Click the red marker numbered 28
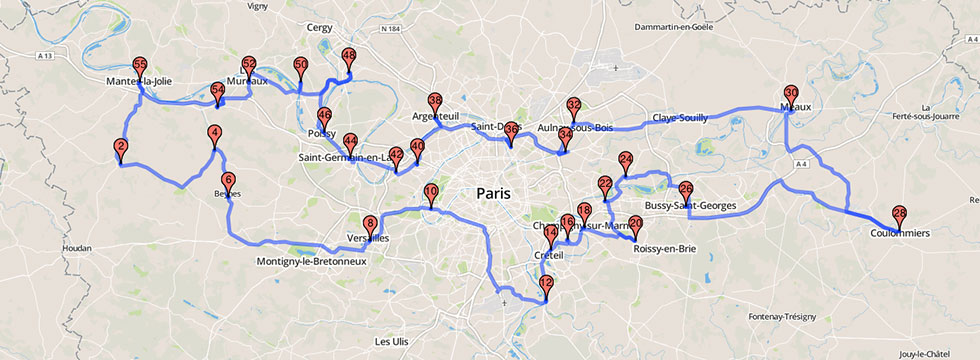(x=899, y=214)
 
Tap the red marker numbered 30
(x=791, y=92)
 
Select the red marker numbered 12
(x=546, y=284)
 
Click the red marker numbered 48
(x=349, y=57)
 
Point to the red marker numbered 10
(x=431, y=192)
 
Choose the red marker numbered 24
(x=626, y=160)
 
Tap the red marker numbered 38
(x=434, y=101)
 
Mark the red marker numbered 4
(x=215, y=134)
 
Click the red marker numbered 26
(x=686, y=189)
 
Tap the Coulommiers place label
(x=899, y=233)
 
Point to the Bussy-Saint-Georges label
(x=691, y=207)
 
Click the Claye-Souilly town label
(x=680, y=118)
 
